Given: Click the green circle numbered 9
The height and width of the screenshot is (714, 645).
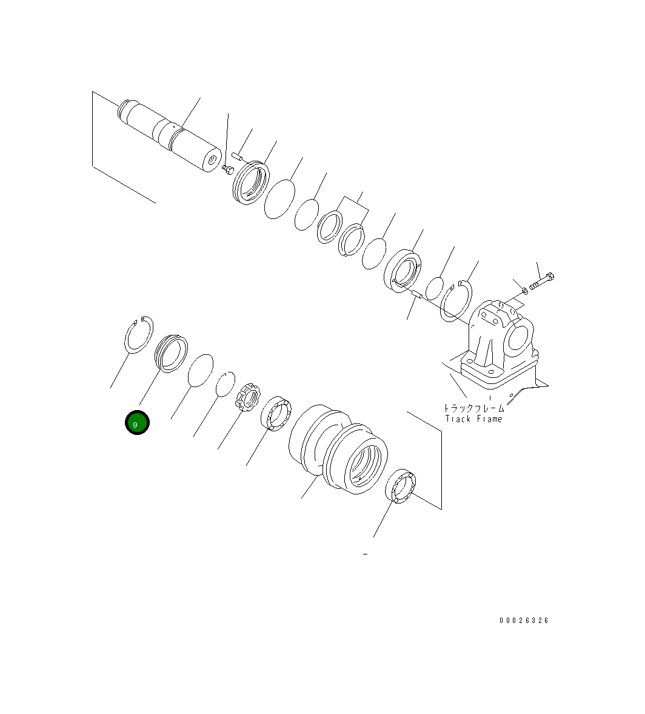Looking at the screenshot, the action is click(x=137, y=423).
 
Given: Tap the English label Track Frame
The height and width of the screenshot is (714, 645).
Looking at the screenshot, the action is click(x=473, y=419).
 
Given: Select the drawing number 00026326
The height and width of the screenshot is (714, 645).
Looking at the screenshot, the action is click(x=524, y=620).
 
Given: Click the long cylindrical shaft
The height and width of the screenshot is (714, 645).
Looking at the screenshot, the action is click(x=170, y=136).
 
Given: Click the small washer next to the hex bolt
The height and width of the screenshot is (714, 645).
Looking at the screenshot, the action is click(x=525, y=290).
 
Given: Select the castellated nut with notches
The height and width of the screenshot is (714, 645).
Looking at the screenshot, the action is click(x=247, y=396).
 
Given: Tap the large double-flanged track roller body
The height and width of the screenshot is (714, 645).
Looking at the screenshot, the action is click(x=338, y=448).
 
